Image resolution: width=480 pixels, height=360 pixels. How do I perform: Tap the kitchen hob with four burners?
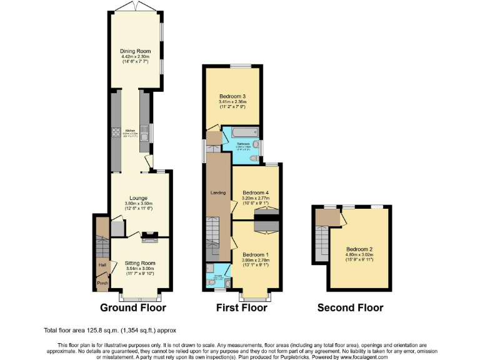pyautogui.click(x=116, y=132)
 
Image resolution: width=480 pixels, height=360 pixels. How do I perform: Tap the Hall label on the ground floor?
pyautogui.click(x=101, y=265)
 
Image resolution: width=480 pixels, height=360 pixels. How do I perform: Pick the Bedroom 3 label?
pyautogui.click(x=232, y=96)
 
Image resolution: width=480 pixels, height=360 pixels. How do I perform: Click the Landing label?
pyautogui.click(x=217, y=192)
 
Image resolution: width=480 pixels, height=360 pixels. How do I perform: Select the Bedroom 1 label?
pyautogui.click(x=255, y=255)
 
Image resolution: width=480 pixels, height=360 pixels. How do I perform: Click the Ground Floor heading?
pyautogui.click(x=133, y=307)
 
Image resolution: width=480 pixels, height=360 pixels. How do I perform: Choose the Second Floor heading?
pyautogui.click(x=350, y=307)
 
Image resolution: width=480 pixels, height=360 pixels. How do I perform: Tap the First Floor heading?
pyautogui.click(x=241, y=307)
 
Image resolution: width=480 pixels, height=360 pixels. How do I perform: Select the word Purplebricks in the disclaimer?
pyautogui.click(x=314, y=356)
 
